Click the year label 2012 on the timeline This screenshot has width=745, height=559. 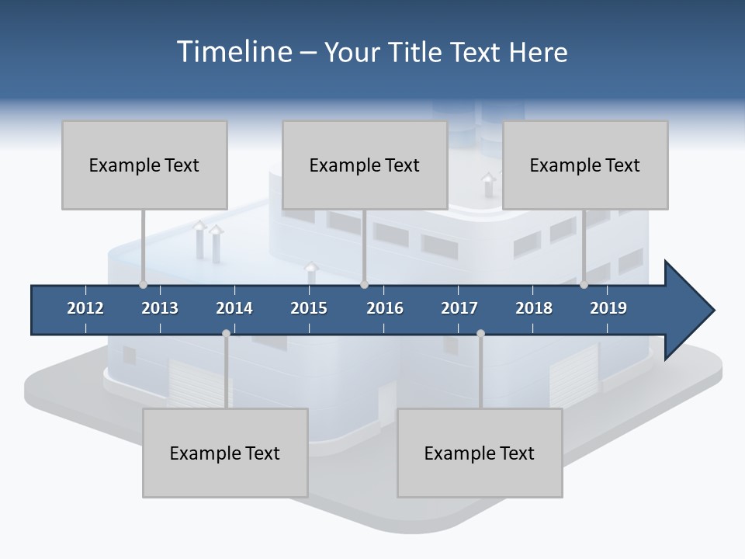(x=85, y=308)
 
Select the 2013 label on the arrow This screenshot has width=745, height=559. (x=160, y=308)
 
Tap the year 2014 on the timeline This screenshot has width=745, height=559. (x=234, y=308)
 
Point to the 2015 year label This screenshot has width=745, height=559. (x=309, y=308)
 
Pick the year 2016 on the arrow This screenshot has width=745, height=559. (x=385, y=308)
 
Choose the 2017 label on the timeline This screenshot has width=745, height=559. (x=459, y=308)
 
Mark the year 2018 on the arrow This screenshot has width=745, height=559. (x=534, y=308)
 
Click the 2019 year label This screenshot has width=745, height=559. (x=608, y=308)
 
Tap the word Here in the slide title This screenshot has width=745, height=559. (x=538, y=52)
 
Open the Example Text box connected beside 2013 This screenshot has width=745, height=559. (x=144, y=165)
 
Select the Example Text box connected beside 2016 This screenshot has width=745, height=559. (x=365, y=165)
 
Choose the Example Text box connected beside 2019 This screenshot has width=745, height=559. (x=585, y=165)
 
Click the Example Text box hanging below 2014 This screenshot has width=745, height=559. (x=225, y=453)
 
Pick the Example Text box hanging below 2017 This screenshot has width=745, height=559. (x=480, y=453)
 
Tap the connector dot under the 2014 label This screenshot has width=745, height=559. (x=226, y=333)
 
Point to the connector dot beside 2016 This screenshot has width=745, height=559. (x=364, y=284)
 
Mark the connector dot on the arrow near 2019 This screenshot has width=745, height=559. (x=584, y=284)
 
